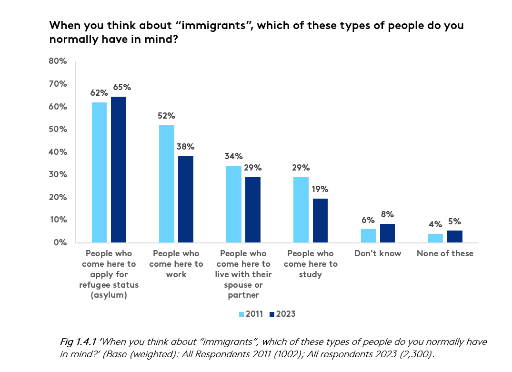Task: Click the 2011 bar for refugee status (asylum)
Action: pyautogui.click(x=99, y=172)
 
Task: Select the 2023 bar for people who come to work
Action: pyautogui.click(x=186, y=199)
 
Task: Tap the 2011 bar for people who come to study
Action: pyautogui.click(x=301, y=210)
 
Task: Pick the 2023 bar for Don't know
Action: pyautogui.click(x=387, y=233)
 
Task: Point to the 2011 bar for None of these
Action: pyautogui.click(x=435, y=238)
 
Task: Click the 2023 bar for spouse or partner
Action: pyautogui.click(x=253, y=210)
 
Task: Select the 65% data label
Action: pyautogui.click(x=121, y=87)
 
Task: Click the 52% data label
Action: pyautogui.click(x=167, y=116)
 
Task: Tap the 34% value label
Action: pyautogui.click(x=234, y=156)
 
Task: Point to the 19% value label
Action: pyautogui.click(x=320, y=189)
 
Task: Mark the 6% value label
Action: pyautogui.click(x=368, y=220)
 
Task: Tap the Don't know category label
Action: pyautogui.click(x=378, y=253)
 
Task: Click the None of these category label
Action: pyautogui.click(x=445, y=253)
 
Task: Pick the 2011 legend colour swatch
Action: pyautogui.click(x=241, y=314)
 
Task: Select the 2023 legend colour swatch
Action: pyautogui.click(x=272, y=314)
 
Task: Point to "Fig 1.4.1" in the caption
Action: pyautogui.click(x=78, y=342)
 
